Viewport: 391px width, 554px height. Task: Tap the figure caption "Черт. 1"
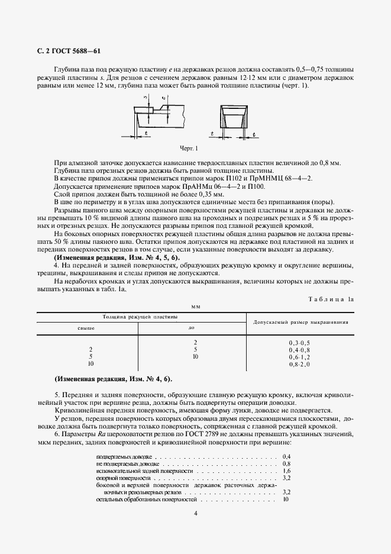(189, 148)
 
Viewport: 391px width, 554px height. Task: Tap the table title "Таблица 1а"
(331, 299)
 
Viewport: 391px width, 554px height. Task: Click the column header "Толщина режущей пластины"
(140, 317)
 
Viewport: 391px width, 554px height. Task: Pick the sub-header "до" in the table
(191, 327)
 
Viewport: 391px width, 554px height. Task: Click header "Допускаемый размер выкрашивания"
(300, 322)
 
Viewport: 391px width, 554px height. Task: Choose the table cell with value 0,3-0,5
(299, 343)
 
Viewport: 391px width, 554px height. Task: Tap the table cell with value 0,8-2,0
(299, 364)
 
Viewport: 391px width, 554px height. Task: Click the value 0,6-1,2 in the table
(299, 357)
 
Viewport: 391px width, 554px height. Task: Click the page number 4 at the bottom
(195, 513)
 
